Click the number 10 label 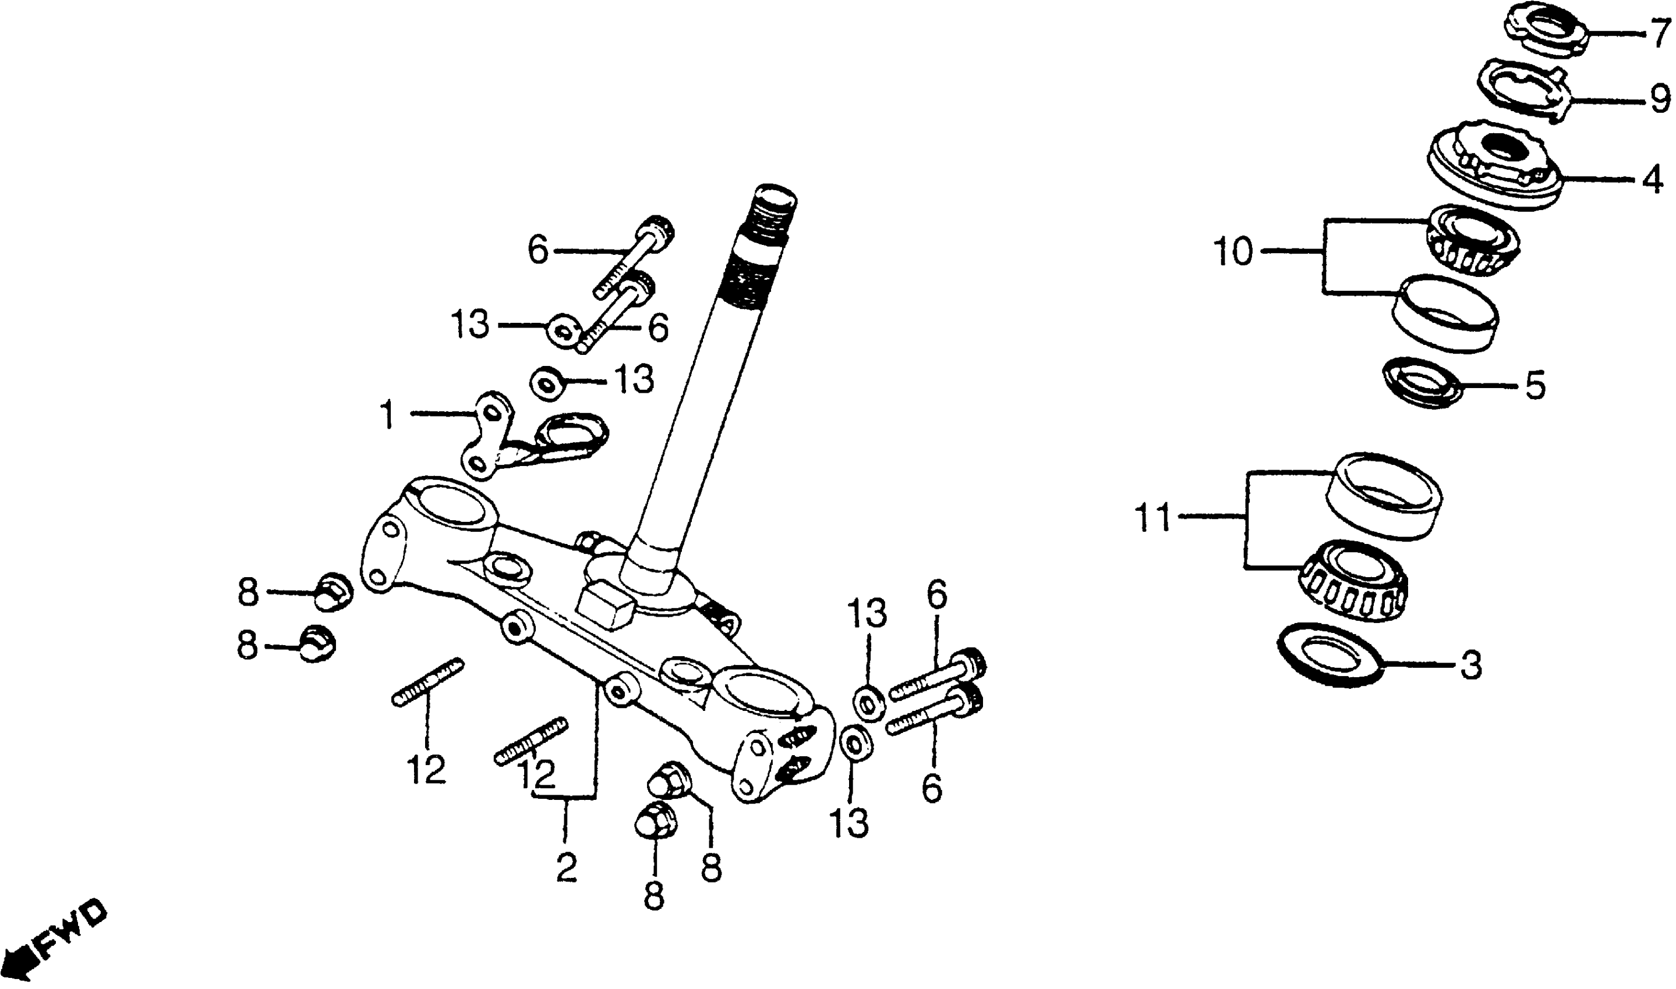(1234, 252)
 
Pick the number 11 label (1154, 518)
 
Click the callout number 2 (566, 868)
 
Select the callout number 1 (386, 415)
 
